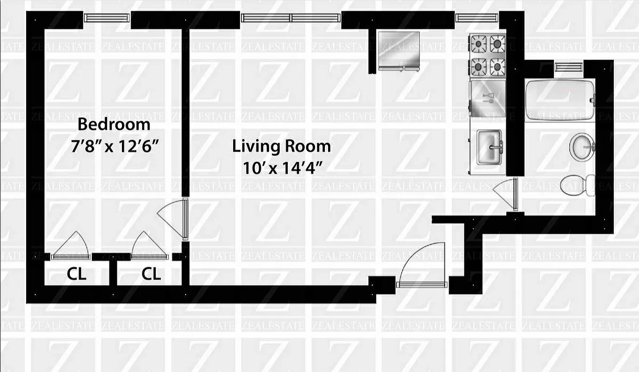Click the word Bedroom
pyautogui.click(x=114, y=125)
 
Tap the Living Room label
pyautogui.click(x=282, y=146)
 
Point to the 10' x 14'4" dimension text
pyautogui.click(x=282, y=167)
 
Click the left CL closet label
pyautogui.click(x=77, y=274)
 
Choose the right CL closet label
pyautogui.click(x=151, y=274)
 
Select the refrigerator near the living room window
pyautogui.click(x=399, y=50)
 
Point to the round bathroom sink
pyautogui.click(x=582, y=146)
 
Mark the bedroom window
pyautogui.click(x=107, y=18)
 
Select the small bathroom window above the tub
pyautogui.click(x=569, y=67)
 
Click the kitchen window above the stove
pyautogui.click(x=477, y=18)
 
